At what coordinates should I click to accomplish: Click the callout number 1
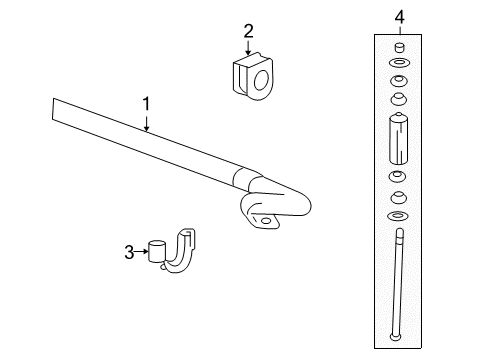point(146,104)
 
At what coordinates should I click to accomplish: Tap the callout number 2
point(248,31)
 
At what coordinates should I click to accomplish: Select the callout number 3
point(129,252)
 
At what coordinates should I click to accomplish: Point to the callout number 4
point(400,17)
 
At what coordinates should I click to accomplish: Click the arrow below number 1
point(146,122)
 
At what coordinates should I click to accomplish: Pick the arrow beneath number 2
point(248,47)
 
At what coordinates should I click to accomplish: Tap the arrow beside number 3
point(141,251)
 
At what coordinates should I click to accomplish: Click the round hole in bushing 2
point(261,80)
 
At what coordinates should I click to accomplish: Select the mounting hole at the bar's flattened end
point(266,221)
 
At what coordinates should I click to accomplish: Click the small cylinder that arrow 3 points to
point(157,252)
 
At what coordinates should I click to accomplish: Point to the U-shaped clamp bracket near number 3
point(179,253)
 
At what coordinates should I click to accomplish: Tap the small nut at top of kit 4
point(399,47)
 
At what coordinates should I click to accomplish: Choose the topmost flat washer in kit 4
point(399,63)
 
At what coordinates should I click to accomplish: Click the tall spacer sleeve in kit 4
point(399,138)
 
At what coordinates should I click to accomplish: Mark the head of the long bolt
point(394,337)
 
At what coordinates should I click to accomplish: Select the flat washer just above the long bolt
point(398,216)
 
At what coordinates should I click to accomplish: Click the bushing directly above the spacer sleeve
point(399,99)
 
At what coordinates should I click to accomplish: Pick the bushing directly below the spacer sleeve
point(398,176)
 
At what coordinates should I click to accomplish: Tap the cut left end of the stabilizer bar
point(53,109)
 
